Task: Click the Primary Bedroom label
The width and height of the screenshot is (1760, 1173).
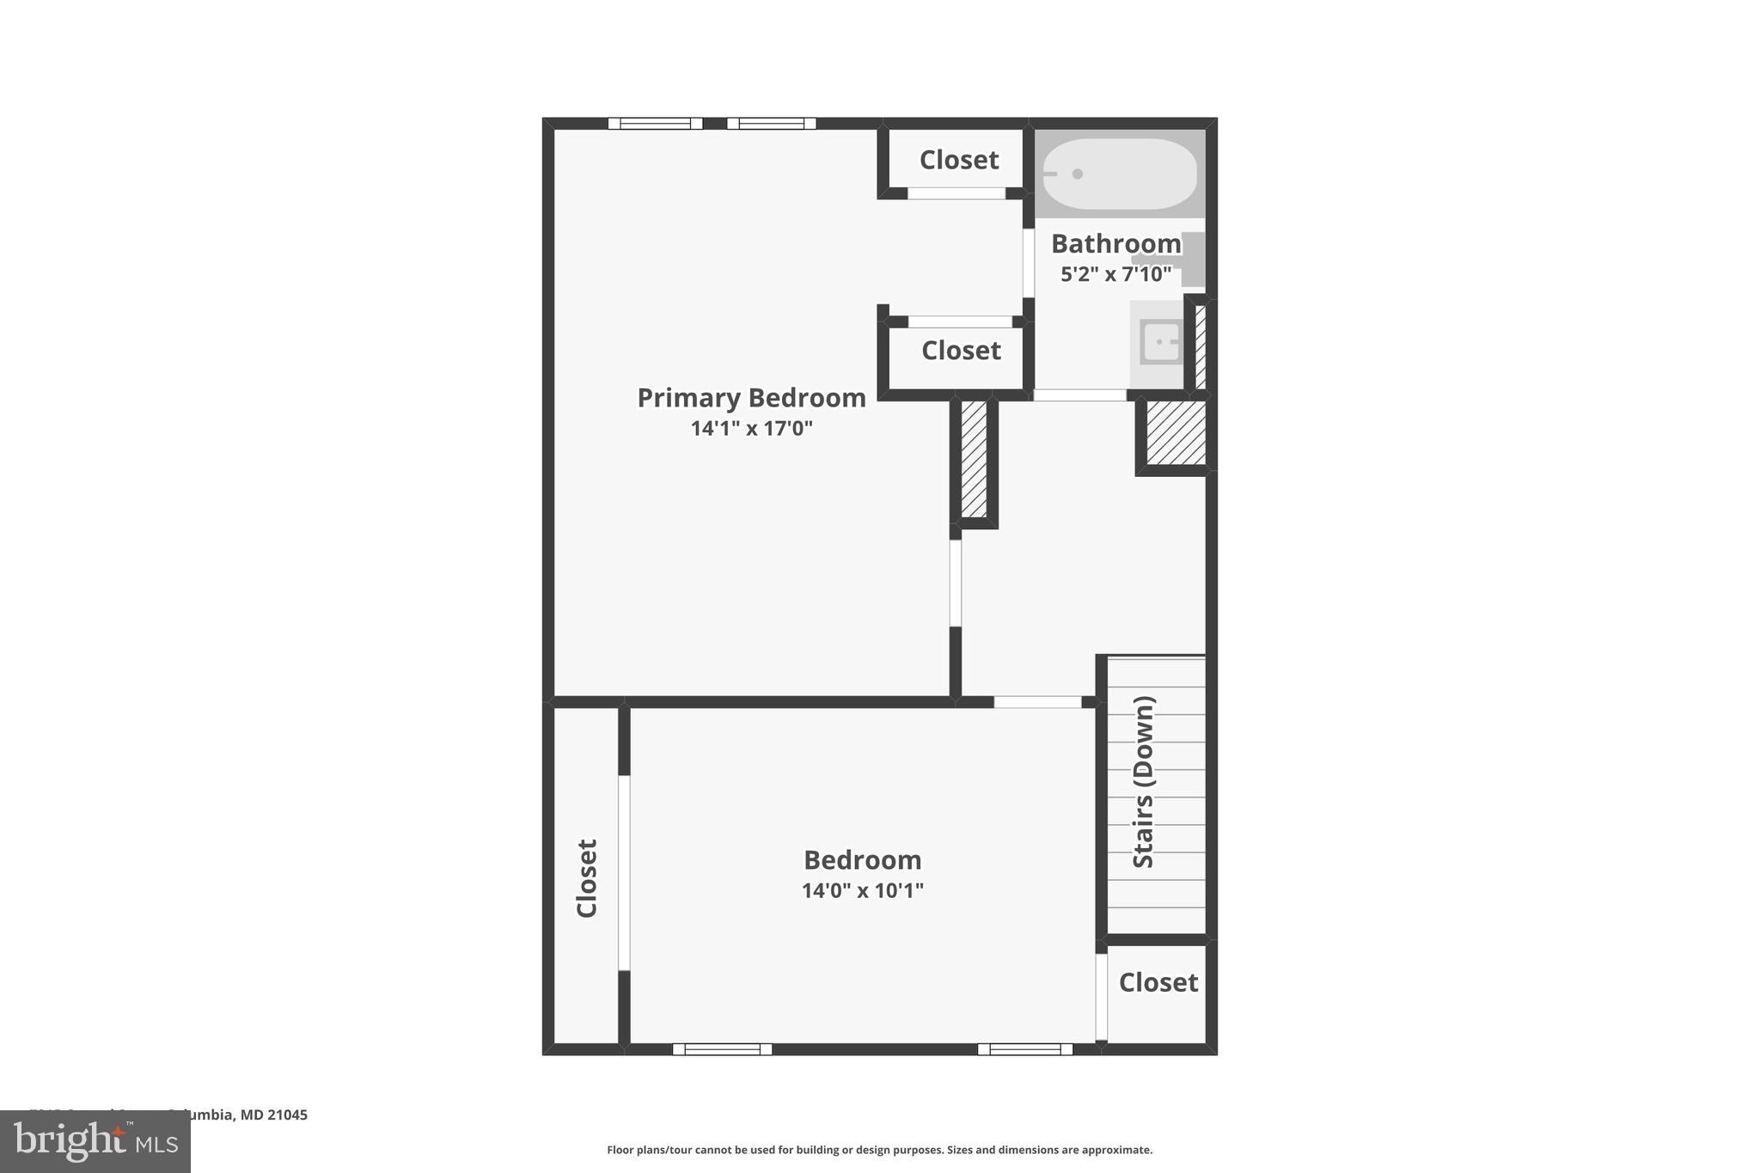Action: (751, 398)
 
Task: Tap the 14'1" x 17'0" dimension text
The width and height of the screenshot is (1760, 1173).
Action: (751, 428)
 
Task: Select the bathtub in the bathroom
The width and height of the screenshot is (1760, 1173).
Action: (1119, 174)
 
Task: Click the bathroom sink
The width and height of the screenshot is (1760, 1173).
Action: (1161, 342)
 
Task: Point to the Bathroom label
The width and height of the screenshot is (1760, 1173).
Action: (1115, 244)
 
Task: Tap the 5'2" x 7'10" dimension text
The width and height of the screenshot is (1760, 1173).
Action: (1115, 274)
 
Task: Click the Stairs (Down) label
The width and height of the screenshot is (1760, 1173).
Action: (1144, 782)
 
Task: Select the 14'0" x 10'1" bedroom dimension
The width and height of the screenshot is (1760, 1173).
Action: (862, 890)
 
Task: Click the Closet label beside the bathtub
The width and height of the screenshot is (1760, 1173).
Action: (958, 160)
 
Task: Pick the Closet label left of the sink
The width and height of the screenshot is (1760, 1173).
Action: (961, 351)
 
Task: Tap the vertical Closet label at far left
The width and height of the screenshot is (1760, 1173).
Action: (587, 878)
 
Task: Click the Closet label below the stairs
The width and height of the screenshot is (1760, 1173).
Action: (1158, 982)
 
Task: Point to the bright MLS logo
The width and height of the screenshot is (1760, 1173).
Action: (95, 1141)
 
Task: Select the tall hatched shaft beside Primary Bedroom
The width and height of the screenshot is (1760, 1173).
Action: (974, 459)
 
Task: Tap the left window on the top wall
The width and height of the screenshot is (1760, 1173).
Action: (655, 124)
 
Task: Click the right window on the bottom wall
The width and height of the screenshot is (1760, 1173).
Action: (1024, 1049)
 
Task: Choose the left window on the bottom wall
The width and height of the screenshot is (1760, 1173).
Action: (722, 1049)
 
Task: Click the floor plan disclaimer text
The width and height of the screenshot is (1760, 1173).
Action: (879, 1150)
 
